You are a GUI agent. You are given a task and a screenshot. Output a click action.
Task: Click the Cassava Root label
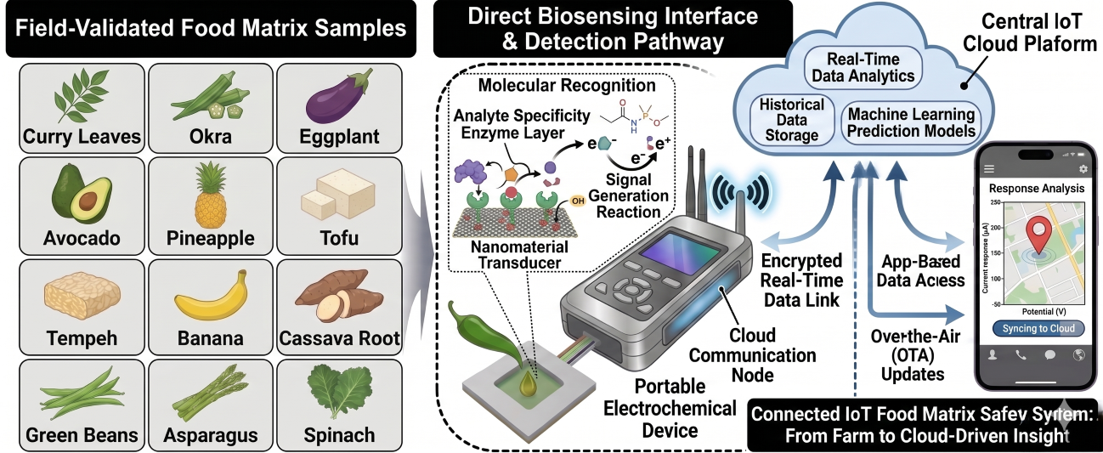coord(339,339)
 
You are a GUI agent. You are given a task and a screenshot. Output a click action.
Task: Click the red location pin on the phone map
coord(1036,235)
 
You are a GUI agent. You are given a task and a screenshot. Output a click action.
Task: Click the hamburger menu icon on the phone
coord(988,168)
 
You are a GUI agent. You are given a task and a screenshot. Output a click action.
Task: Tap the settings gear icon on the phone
coord(1083,168)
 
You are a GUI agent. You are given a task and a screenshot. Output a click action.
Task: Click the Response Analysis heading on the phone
coord(1035,188)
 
